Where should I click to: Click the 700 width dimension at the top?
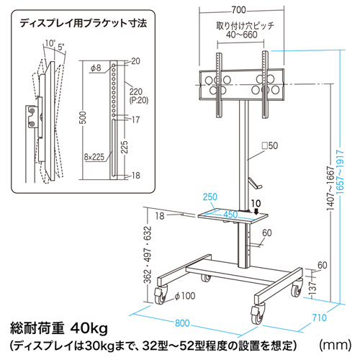point(239,10)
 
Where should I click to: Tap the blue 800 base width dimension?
point(182,323)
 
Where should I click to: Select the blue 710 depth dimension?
point(320,318)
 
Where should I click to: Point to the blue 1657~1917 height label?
point(341,172)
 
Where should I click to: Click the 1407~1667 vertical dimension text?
point(330,189)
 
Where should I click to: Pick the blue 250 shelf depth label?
point(210,197)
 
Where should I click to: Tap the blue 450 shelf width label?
point(230,215)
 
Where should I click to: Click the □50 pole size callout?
point(269,145)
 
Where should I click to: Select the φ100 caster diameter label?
point(185,296)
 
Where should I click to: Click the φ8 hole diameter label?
point(96,68)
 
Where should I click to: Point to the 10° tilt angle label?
point(50,43)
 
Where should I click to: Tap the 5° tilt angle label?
point(61,47)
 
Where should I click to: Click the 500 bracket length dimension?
point(83,117)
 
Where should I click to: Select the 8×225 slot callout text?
point(94,157)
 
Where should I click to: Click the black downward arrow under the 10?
point(256,211)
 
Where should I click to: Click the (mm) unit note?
point(336,345)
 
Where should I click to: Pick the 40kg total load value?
point(89,329)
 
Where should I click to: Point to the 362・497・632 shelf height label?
point(148,255)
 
